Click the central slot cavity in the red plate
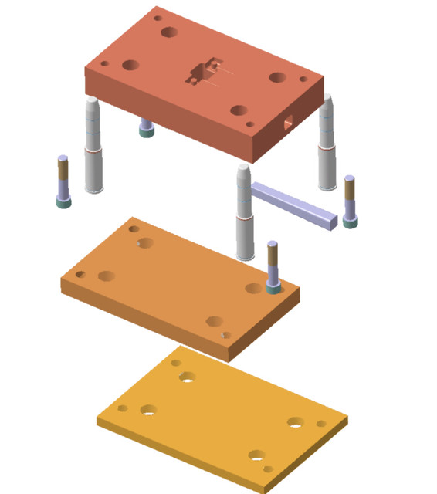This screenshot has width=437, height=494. [x=202, y=73]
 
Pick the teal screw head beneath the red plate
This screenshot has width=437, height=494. [x=146, y=128]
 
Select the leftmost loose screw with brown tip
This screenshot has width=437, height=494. [x=63, y=182]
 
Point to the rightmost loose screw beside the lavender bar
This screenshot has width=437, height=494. [x=350, y=201]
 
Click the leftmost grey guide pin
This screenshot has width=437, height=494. [x=93, y=147]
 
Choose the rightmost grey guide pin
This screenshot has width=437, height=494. [x=327, y=144]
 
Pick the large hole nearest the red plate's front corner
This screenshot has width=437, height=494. [x=239, y=110]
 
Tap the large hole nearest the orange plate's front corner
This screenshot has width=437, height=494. [x=215, y=321]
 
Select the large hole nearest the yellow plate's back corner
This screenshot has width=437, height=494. [x=187, y=377]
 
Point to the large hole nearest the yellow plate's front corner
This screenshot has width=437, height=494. [x=256, y=455]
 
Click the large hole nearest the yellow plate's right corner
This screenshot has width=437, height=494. [x=295, y=421]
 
